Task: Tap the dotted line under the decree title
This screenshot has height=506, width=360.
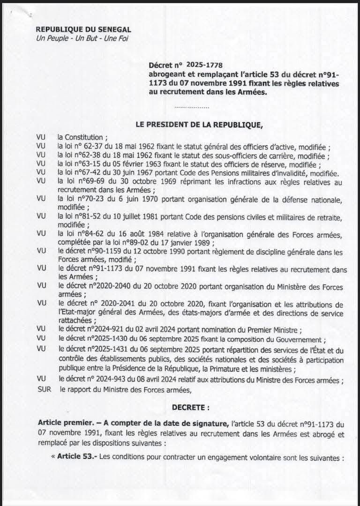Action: pos(191,107)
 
